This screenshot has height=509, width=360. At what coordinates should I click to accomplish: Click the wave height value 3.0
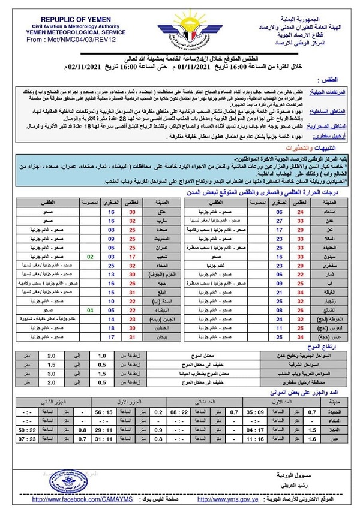(68, 372)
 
